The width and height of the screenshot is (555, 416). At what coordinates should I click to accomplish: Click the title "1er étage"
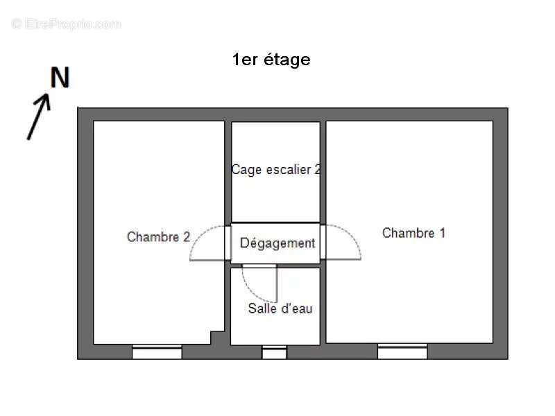(271, 60)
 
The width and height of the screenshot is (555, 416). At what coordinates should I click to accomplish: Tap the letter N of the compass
(60, 78)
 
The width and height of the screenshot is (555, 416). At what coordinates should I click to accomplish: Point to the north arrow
(39, 116)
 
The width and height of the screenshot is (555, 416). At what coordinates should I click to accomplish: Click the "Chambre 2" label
(158, 236)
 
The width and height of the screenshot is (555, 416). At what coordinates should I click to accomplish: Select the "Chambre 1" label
(413, 233)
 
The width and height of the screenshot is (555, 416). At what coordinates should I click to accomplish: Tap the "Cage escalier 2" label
(275, 169)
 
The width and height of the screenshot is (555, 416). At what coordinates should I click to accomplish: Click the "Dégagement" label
(277, 243)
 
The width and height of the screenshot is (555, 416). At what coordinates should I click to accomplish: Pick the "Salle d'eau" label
(280, 309)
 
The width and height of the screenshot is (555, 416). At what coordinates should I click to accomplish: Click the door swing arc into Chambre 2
(207, 243)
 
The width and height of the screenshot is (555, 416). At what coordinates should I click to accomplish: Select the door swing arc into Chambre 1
(343, 242)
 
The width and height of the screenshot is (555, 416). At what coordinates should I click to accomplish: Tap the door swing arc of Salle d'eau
(259, 284)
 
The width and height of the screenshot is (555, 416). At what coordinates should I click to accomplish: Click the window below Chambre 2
(157, 352)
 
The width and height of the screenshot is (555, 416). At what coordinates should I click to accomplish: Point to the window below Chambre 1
(402, 352)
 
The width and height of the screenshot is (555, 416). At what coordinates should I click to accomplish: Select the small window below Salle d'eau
(274, 352)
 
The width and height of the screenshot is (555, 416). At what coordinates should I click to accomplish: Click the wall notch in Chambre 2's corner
(217, 338)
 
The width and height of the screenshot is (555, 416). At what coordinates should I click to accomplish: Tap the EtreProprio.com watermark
(66, 24)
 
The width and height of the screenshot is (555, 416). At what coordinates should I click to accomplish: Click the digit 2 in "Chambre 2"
(187, 236)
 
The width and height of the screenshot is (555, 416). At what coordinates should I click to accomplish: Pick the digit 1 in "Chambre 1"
(442, 233)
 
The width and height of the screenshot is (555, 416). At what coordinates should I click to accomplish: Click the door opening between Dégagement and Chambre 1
(323, 242)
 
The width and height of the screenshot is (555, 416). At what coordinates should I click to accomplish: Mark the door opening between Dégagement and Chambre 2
(228, 243)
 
